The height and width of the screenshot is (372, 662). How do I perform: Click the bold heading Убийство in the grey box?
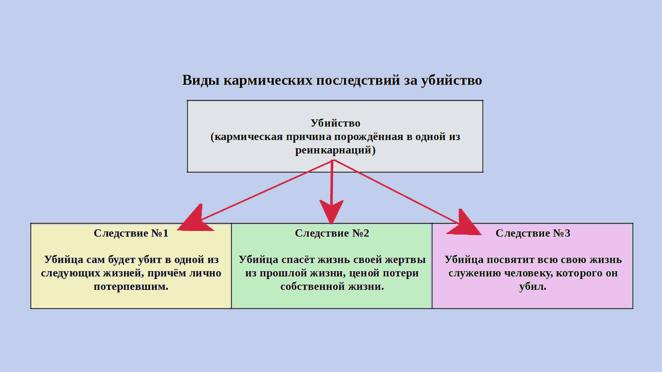tap(335, 123)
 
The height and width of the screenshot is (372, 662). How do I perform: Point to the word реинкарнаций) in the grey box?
tap(335, 150)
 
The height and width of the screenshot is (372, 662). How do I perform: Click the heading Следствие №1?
tap(131, 233)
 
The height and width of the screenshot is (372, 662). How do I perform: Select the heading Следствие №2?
tap(332, 233)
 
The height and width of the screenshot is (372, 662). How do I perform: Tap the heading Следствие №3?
tap(533, 233)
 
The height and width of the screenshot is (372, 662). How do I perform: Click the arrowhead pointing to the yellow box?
tap(194, 218)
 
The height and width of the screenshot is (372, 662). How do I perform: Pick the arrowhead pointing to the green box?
tap(331, 212)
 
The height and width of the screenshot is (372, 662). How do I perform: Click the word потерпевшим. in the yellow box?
tap(131, 287)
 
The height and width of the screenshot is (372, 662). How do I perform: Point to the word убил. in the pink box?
tap(533, 287)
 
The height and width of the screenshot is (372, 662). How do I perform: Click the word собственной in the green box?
tap(309, 287)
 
